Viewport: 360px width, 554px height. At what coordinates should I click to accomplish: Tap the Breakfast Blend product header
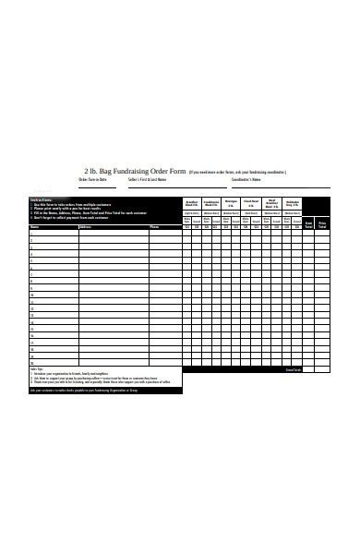coord(192,203)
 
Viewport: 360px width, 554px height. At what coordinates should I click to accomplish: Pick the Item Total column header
coord(309,223)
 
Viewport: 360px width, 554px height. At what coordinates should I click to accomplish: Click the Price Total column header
coord(323,223)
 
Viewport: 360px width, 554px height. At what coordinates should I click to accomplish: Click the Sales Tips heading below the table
coord(38,369)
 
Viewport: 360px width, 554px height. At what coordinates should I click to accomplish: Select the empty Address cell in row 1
coord(113,232)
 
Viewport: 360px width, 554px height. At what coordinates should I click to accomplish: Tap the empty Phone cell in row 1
coord(164,232)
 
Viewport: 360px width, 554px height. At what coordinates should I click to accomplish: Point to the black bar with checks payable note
coord(105,391)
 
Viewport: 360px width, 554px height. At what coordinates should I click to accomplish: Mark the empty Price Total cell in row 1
coord(323,232)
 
